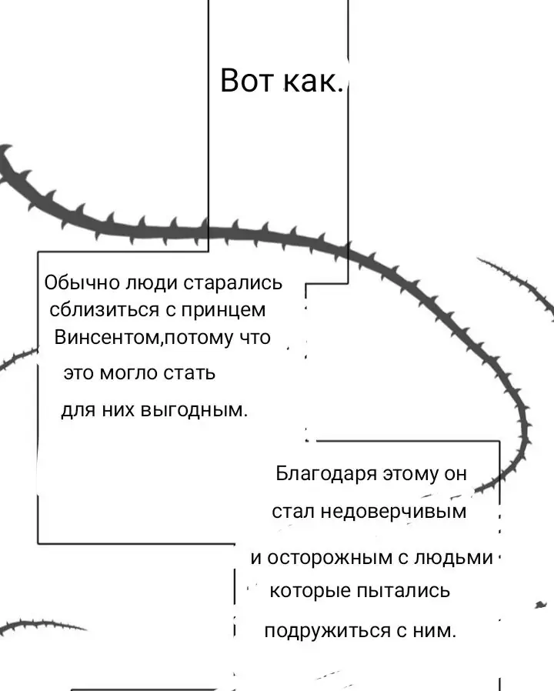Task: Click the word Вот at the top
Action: pyautogui.click(x=247, y=81)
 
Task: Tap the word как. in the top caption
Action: pyautogui.click(x=313, y=81)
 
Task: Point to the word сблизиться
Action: pyautogui.click(x=105, y=310)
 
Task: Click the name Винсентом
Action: pyautogui.click(x=108, y=338)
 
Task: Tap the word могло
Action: pyautogui.click(x=128, y=374)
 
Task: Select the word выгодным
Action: pyautogui.click(x=194, y=411)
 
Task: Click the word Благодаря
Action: pyautogui.click(x=326, y=474)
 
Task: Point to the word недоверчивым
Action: pyautogui.click(x=393, y=512)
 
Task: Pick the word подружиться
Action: pyautogui.click(x=328, y=631)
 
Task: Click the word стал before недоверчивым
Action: pyautogui.click(x=293, y=512)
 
